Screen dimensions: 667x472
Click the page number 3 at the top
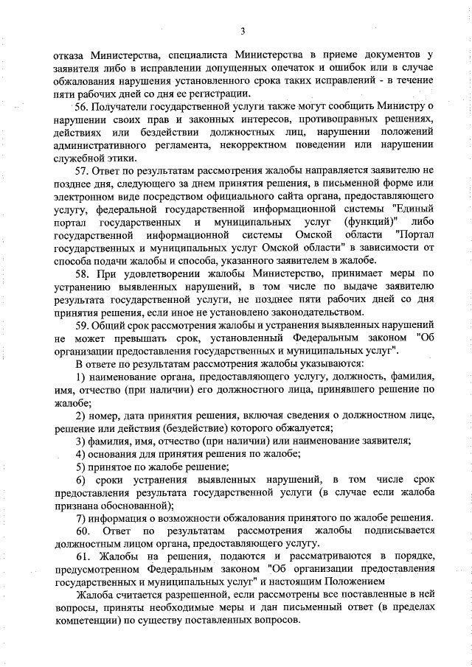pos(242,29)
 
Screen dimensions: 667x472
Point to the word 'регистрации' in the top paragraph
pos(219,94)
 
